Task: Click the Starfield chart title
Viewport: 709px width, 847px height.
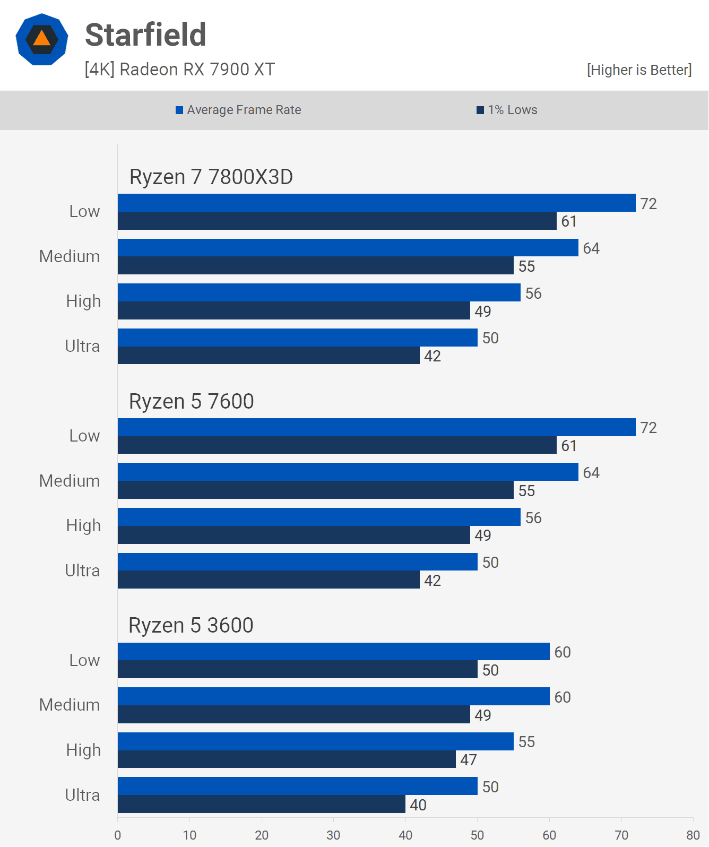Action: [145, 35]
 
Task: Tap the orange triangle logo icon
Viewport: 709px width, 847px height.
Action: [42, 39]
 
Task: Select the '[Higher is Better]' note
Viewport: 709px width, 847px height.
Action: [639, 70]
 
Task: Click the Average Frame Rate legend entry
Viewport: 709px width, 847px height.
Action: [239, 110]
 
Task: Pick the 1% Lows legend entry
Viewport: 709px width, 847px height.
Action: [507, 110]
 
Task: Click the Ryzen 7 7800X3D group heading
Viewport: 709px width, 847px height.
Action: [211, 177]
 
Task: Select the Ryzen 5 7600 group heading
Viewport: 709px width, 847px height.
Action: [192, 402]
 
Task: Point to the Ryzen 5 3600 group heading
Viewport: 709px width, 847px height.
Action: [191, 626]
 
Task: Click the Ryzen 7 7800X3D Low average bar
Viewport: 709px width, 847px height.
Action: [376, 203]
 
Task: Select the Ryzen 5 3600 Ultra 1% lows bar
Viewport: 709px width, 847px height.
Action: [261, 804]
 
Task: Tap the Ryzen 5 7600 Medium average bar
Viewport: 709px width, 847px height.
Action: [348, 472]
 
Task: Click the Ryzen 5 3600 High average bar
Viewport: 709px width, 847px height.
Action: [315, 741]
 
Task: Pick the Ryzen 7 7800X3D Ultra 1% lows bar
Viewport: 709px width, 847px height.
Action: [269, 356]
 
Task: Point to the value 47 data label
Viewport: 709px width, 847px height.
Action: [469, 760]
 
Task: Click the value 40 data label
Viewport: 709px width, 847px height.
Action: [418, 805]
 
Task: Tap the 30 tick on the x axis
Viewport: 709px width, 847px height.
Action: [333, 835]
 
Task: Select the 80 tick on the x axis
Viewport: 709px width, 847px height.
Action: [693, 835]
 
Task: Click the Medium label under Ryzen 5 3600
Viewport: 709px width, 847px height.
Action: [70, 705]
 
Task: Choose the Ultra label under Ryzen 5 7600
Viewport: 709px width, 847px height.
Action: [82, 571]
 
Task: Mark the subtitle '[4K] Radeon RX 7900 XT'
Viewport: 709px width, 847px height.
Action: [179, 70]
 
